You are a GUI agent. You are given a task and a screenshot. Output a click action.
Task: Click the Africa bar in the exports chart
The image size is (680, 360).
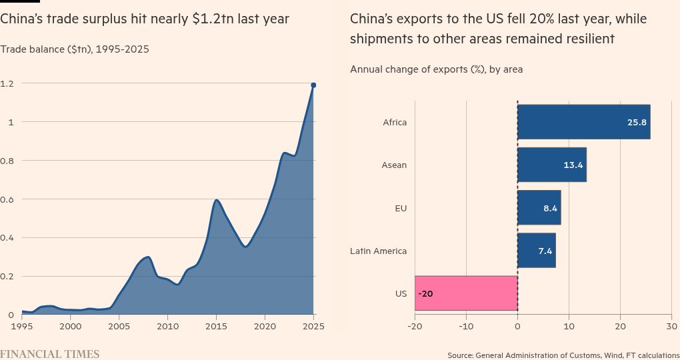point(583,122)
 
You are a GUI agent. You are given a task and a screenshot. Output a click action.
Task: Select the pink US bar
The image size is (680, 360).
point(466,293)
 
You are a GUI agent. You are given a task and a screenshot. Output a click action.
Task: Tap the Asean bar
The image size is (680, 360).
point(551,165)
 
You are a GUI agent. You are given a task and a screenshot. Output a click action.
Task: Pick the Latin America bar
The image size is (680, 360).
point(536,250)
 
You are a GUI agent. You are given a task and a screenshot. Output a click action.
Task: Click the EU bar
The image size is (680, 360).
point(539,207)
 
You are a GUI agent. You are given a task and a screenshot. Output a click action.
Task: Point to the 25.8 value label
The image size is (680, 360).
point(637,123)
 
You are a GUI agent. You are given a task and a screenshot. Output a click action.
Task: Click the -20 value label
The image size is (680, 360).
point(426,293)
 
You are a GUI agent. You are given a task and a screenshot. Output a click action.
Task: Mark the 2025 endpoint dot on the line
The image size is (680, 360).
point(313,85)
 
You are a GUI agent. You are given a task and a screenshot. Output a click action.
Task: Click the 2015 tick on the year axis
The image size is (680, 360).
point(216,327)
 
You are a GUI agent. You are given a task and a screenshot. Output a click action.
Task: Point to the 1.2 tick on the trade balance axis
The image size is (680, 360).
point(7,83)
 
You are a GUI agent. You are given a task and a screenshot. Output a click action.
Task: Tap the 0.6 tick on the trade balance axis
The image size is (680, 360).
point(7,199)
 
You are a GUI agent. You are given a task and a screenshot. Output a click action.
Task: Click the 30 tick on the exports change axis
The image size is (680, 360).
point(671,327)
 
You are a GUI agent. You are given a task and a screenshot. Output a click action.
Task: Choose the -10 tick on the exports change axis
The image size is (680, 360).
point(466,327)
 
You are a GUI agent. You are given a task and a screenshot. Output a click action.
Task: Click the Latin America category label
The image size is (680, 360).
point(378,251)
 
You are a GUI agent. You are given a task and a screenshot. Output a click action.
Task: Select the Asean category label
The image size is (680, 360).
point(393,165)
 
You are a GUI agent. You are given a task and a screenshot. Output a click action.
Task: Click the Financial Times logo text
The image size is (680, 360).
point(49,354)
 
